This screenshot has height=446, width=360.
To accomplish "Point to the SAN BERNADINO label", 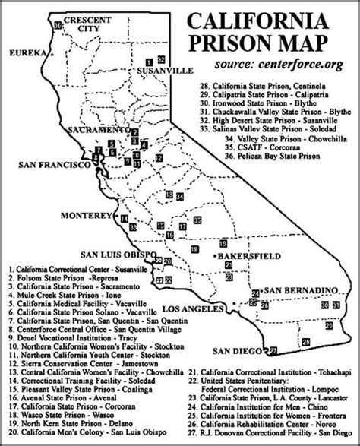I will (299, 292).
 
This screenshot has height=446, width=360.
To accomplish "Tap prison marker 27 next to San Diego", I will (273, 350).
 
